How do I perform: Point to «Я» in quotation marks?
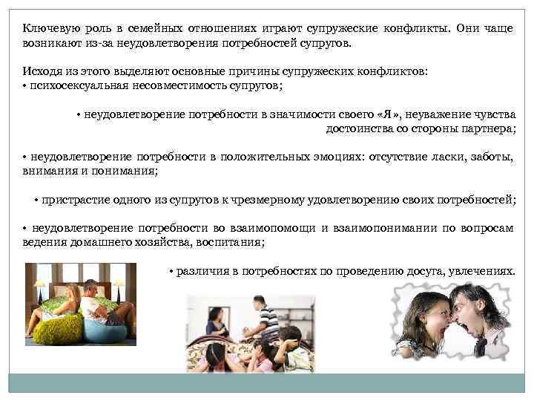coord(386,115)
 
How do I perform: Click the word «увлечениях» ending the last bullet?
coord(481,271)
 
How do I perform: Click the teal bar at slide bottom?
coord(266,382)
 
